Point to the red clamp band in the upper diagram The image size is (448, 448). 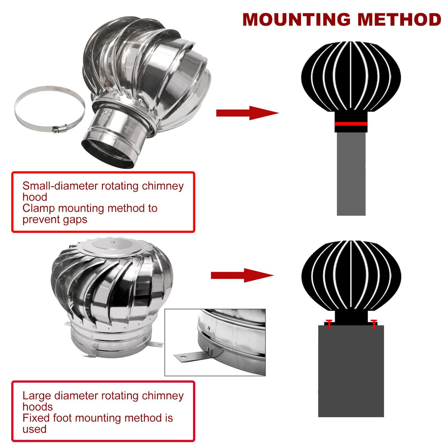[351, 123]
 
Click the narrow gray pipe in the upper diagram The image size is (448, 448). [351, 174]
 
